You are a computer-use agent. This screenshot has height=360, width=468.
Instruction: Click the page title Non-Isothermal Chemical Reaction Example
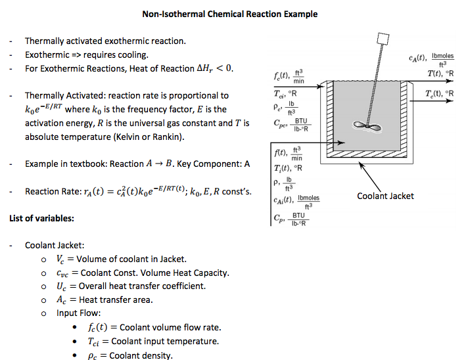click(x=230, y=14)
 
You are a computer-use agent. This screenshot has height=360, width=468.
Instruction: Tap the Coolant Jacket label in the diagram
click(x=385, y=195)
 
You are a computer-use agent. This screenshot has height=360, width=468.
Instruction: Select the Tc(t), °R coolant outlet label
click(x=439, y=93)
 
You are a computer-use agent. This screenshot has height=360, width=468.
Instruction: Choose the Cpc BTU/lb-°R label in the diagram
click(x=290, y=123)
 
